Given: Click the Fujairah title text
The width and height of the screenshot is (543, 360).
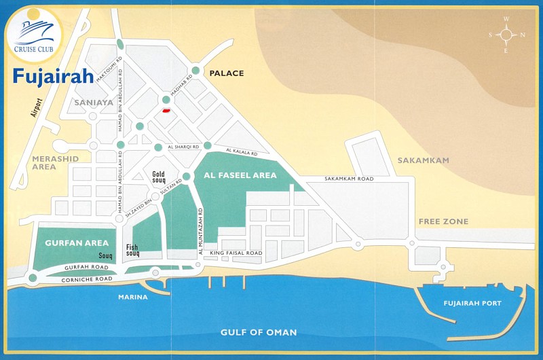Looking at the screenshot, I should click(53, 75).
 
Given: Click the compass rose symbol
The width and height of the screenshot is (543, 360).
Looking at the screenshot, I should click(506, 35).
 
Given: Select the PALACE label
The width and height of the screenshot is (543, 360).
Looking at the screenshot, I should click(226, 73).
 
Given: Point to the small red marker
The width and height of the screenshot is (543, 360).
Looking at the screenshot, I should click(165, 109).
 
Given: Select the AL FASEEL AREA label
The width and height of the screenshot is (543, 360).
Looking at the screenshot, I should click(240, 175).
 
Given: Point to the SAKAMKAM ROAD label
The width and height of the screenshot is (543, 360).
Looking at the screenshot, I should click(349, 179).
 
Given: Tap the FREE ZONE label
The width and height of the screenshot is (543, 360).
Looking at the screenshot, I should click(443, 221).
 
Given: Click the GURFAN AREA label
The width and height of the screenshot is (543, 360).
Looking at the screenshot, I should click(68, 242).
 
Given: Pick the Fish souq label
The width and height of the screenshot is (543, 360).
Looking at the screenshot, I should click(132, 250).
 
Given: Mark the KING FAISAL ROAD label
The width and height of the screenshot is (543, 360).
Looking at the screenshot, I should click(236, 253).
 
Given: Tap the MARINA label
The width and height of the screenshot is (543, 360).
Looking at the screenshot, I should click(132, 297).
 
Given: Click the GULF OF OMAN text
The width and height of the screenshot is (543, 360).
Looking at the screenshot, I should click(259, 332).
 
